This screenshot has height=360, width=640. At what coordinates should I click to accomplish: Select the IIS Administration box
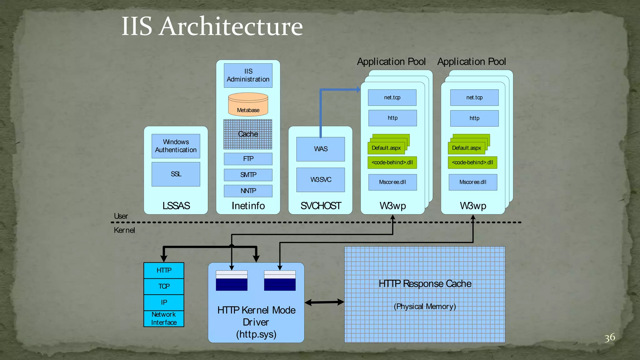pos(248,75)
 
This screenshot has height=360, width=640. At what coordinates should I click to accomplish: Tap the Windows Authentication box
pos(176,146)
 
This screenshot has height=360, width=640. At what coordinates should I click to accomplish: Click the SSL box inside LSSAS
pos(176,174)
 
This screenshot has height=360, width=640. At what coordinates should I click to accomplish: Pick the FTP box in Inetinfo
pos(248,159)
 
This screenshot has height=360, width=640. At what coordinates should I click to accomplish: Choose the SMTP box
pos(248,175)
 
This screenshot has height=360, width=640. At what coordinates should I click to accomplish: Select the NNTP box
pos(248,191)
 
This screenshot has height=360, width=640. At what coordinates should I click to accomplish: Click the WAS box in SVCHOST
pos(321,149)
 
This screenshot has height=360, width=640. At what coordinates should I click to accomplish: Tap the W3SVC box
pos(321,180)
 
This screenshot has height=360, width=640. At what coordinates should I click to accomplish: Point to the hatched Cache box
pos(248,134)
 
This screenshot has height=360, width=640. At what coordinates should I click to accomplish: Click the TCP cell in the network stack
pos(164,286)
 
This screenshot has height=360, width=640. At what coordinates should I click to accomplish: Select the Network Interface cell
pos(164,318)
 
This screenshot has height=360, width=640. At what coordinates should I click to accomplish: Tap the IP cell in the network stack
pos(164,302)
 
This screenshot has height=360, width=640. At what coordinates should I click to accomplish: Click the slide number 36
pos(609,337)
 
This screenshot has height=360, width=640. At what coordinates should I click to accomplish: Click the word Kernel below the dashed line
pos(124,230)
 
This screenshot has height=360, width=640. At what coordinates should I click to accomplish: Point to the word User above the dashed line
pos(121,216)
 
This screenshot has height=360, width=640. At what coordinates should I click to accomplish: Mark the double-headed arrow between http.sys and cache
pos(324,302)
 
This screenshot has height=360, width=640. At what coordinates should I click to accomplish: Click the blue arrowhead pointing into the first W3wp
pos(358,90)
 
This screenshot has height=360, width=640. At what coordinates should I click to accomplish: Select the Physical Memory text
pos(425,306)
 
